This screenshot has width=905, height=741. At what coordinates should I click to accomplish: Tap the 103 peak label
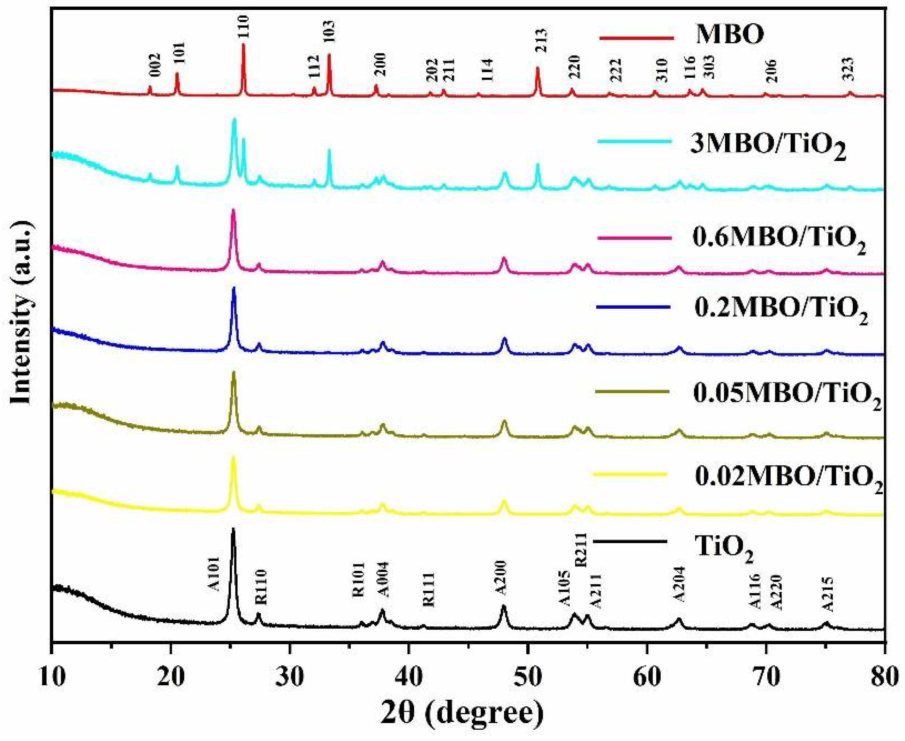coord(329,32)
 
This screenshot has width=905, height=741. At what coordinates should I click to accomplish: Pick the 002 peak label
coord(155,65)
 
